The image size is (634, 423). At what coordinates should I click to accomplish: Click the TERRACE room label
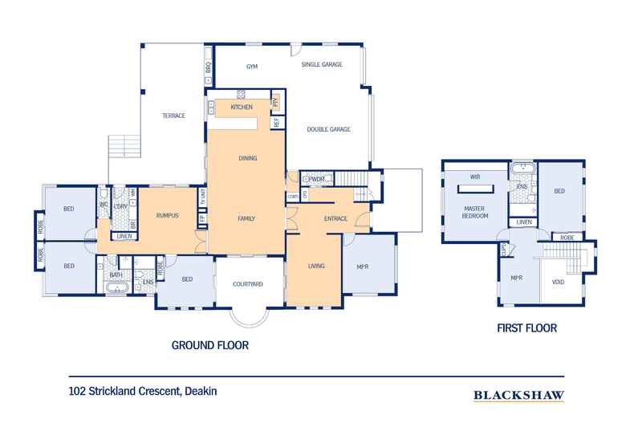pyautogui.click(x=174, y=116)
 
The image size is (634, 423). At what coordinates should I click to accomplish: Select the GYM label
pyautogui.click(x=251, y=65)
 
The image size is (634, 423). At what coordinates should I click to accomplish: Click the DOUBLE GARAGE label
pyautogui.click(x=329, y=129)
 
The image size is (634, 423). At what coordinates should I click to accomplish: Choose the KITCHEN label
pyautogui.click(x=242, y=107)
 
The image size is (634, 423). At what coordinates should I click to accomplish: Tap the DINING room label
pyautogui.click(x=247, y=158)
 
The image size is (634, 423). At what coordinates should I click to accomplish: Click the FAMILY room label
pyautogui.click(x=246, y=218)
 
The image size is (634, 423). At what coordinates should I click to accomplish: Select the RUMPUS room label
pyautogui.click(x=167, y=216)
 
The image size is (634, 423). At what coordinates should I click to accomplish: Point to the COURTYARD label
pyautogui.click(x=247, y=284)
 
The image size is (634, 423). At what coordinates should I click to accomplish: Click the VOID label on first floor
pyautogui.click(x=559, y=283)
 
